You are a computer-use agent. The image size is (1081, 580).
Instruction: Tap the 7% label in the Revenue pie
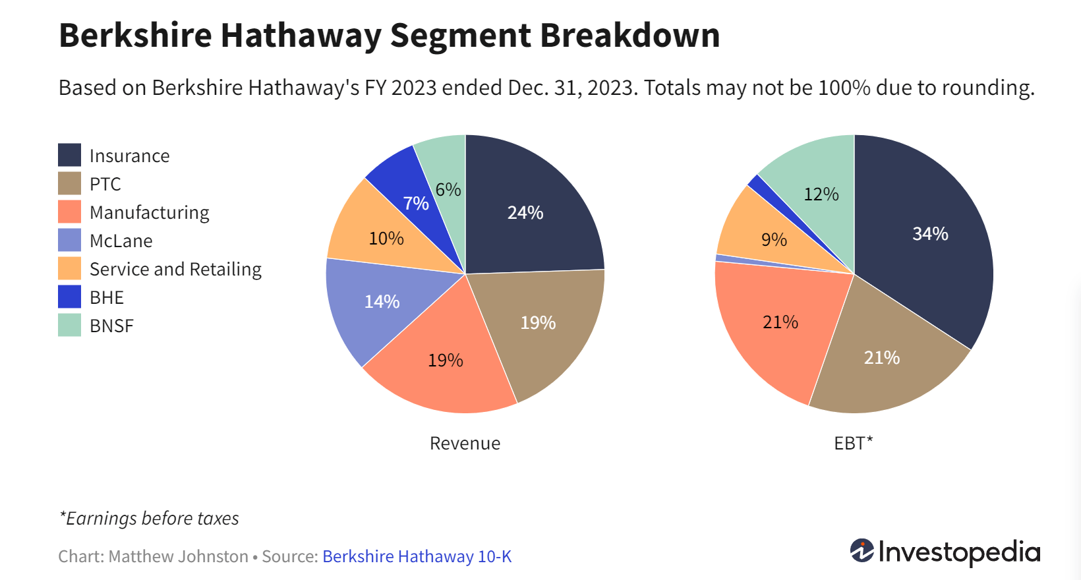[416, 203]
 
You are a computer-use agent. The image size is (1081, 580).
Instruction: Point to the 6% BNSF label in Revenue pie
[448, 189]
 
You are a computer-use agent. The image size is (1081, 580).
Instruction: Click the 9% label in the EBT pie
[774, 239]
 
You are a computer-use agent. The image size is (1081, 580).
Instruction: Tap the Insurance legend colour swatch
[69, 155]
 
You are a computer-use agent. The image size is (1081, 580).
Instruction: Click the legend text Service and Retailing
[175, 269]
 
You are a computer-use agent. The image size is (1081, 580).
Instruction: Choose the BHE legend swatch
[69, 297]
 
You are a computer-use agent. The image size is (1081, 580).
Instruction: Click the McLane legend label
[121, 241]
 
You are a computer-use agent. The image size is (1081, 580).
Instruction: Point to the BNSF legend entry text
[111, 326]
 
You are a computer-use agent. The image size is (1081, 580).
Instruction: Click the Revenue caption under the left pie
[465, 443]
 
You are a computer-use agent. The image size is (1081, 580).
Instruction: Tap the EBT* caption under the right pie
[853, 443]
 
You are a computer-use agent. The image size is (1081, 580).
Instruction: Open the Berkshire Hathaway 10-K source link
[417, 556]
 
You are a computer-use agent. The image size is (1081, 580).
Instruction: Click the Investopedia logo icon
[862, 550]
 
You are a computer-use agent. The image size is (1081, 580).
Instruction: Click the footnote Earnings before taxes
[150, 518]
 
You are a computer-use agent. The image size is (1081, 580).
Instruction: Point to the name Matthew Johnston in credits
[178, 556]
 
